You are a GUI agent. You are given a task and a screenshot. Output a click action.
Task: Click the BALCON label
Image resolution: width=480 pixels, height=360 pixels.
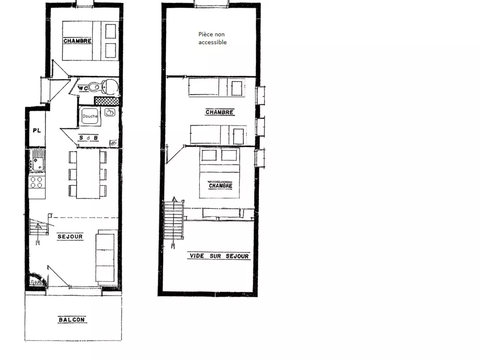pos(72,319)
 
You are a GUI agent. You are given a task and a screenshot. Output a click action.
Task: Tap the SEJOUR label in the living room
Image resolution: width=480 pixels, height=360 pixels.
pos(70,237)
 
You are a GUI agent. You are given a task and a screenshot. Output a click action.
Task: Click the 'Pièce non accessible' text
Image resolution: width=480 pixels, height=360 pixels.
pos(212,38)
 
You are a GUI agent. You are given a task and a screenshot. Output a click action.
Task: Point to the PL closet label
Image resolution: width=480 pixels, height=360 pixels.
pos(36,130)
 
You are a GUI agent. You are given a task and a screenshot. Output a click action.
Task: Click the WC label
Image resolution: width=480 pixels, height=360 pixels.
pos(83,88)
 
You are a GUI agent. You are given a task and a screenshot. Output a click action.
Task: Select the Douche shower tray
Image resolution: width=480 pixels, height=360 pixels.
pos(90,117)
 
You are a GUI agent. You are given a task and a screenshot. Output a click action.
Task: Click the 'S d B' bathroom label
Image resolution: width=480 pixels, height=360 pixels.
pos(89,138)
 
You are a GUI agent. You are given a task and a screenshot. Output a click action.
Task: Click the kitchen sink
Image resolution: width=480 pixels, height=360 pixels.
pos(36,160)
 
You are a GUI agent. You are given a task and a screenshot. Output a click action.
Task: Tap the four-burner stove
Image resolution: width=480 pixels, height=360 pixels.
pos(36,182)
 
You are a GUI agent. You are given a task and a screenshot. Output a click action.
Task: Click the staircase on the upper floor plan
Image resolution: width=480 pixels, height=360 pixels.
pos(173,221)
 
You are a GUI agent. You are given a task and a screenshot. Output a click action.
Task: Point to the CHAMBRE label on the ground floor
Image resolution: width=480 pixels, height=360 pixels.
pos(77,41)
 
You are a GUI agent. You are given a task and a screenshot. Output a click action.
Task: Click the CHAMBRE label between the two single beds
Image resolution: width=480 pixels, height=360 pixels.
pos(219,112)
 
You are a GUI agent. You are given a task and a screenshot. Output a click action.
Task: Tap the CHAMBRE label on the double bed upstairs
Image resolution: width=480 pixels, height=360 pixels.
pos(220,186)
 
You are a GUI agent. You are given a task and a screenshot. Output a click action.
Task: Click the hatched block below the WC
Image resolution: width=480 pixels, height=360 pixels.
pos(106,101)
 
